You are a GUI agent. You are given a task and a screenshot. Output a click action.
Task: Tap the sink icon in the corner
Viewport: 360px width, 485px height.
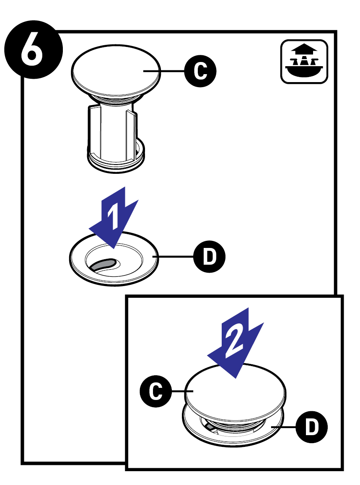pos(304,62)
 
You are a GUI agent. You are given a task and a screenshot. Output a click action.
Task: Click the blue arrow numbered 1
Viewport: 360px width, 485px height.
pos(114,216)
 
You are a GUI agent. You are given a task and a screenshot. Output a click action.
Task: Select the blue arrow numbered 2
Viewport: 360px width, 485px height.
pos(235,341)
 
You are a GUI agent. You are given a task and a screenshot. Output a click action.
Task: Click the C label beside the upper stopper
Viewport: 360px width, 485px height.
pos(201,71)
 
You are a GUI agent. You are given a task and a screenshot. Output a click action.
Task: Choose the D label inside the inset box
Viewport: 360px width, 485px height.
pos(311,428)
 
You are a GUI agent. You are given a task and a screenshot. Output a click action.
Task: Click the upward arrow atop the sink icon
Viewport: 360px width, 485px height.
pos(304,49)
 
